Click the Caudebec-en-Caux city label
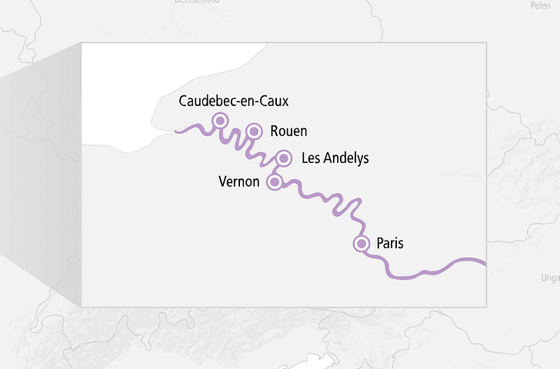234,101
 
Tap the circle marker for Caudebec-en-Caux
220,120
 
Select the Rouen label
288,131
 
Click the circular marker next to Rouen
254,131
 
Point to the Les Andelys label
335,158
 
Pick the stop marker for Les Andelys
283,158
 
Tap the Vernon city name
238,182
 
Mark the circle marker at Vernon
274,182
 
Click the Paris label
390,244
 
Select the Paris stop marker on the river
361,244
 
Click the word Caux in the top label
274,101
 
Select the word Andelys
346,158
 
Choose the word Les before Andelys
312,158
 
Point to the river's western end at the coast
178,131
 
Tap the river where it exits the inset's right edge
484,263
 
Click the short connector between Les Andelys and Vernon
278,170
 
